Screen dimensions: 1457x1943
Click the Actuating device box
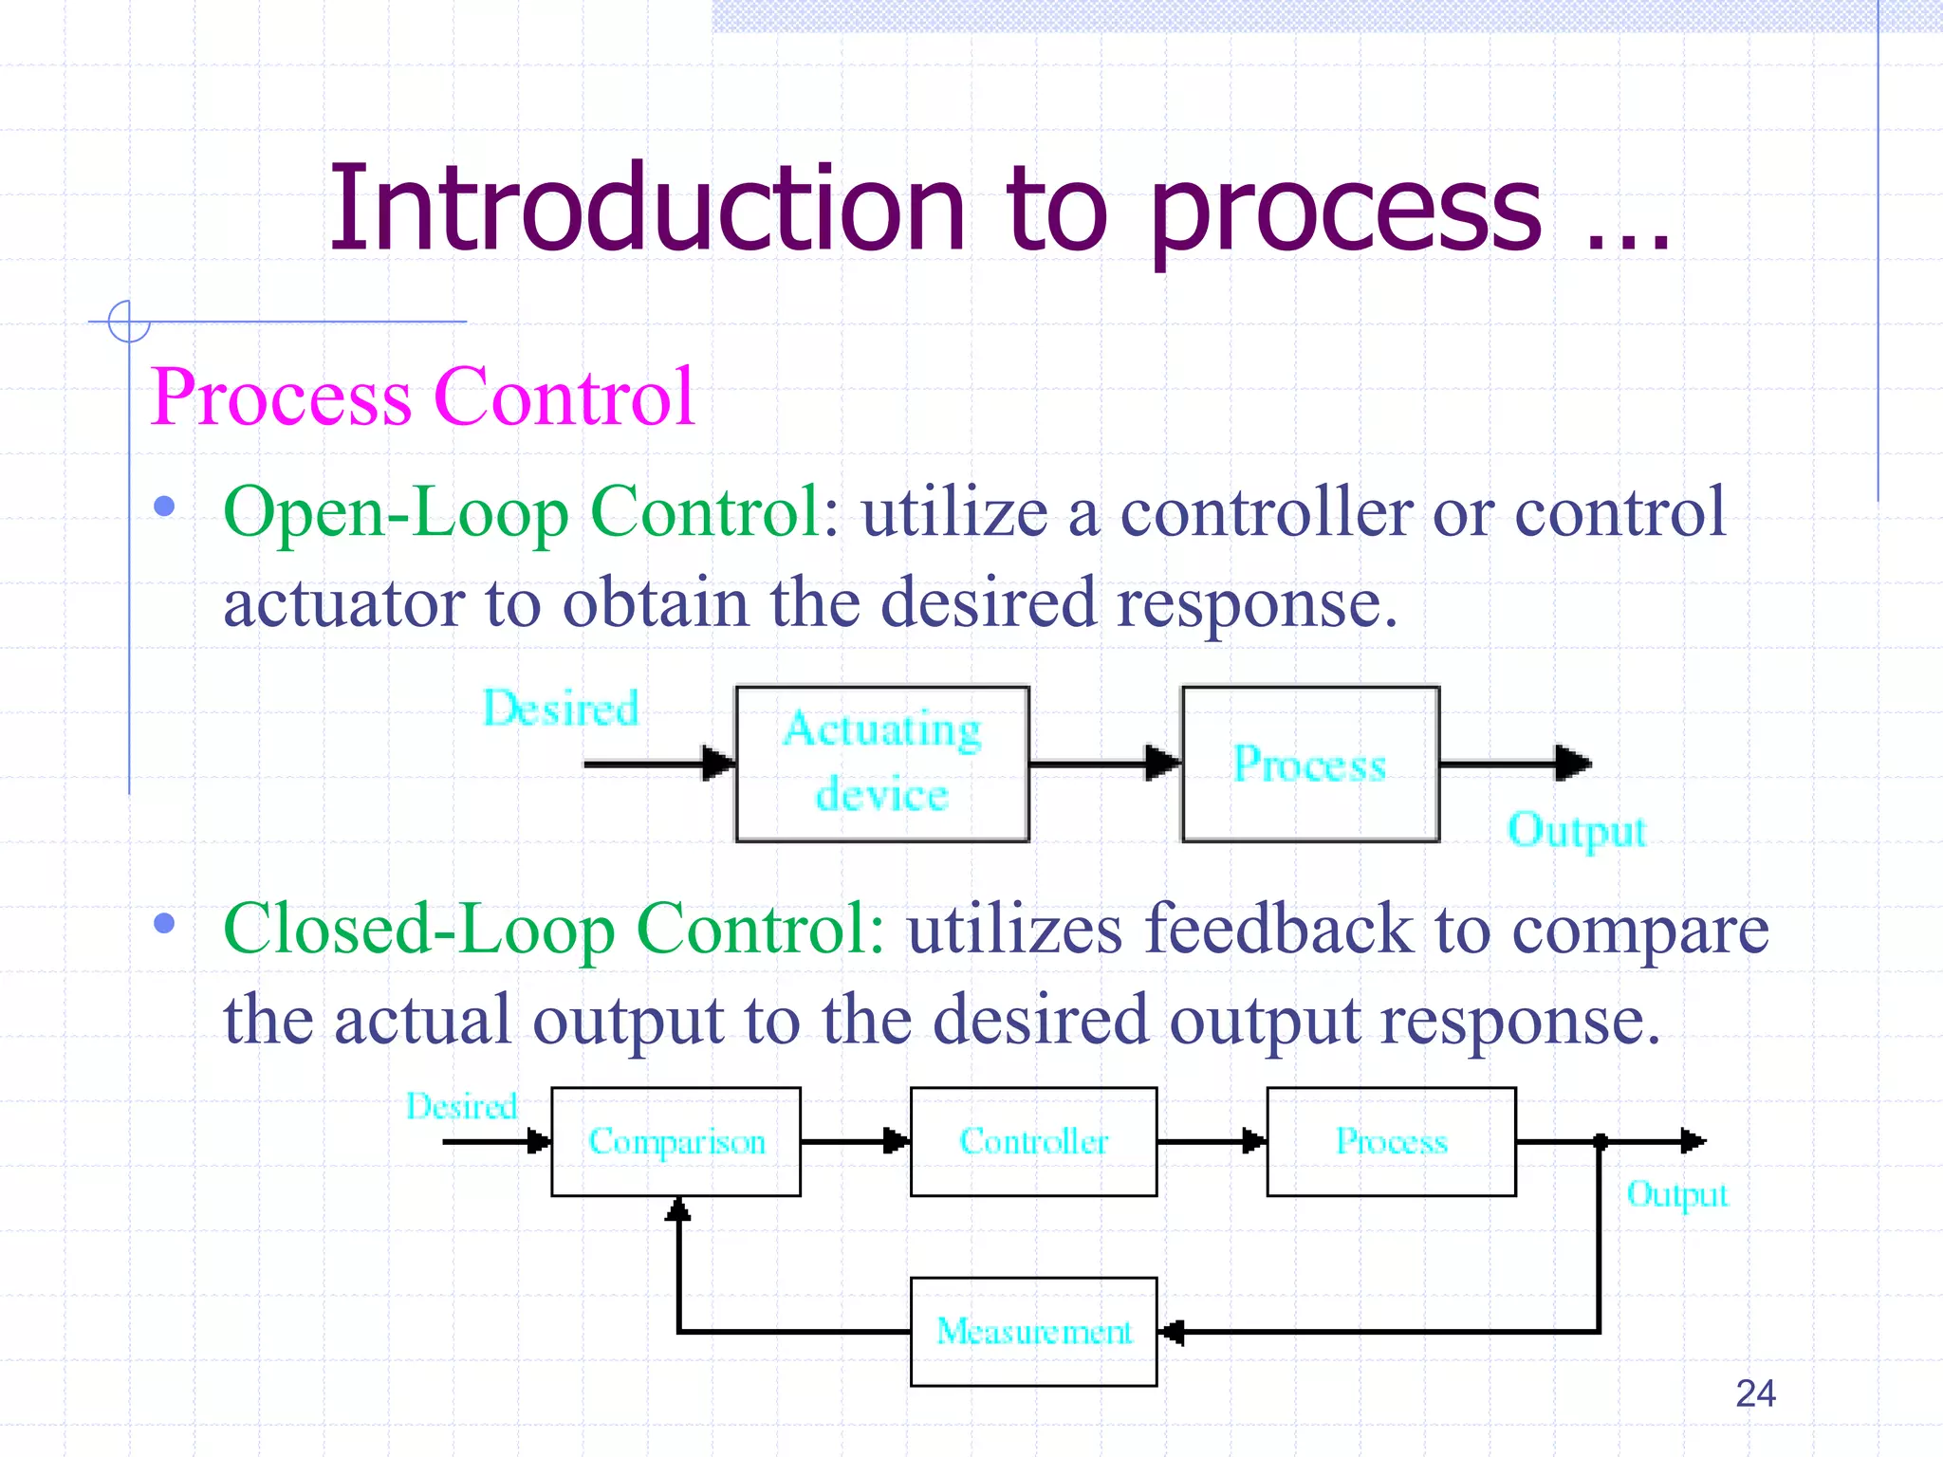point(882,764)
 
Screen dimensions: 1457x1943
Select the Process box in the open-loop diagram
point(1310,764)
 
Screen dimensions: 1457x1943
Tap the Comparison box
point(675,1141)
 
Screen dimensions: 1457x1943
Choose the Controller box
point(1033,1141)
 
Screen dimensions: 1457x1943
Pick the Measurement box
point(1033,1331)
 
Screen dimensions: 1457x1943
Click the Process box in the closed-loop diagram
point(1391,1141)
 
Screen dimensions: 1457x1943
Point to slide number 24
point(1755,1393)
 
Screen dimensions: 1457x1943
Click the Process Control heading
point(423,397)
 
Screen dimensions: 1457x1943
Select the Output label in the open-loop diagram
point(1577,831)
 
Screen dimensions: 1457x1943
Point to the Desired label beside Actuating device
point(561,709)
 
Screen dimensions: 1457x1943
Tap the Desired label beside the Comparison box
point(462,1106)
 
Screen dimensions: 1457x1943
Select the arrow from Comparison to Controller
point(854,1141)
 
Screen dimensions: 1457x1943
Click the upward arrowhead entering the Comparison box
point(677,1209)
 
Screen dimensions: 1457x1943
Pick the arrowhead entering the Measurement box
point(1173,1332)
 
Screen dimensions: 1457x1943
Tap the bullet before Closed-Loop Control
point(164,923)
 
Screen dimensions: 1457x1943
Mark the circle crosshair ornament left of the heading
point(129,322)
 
